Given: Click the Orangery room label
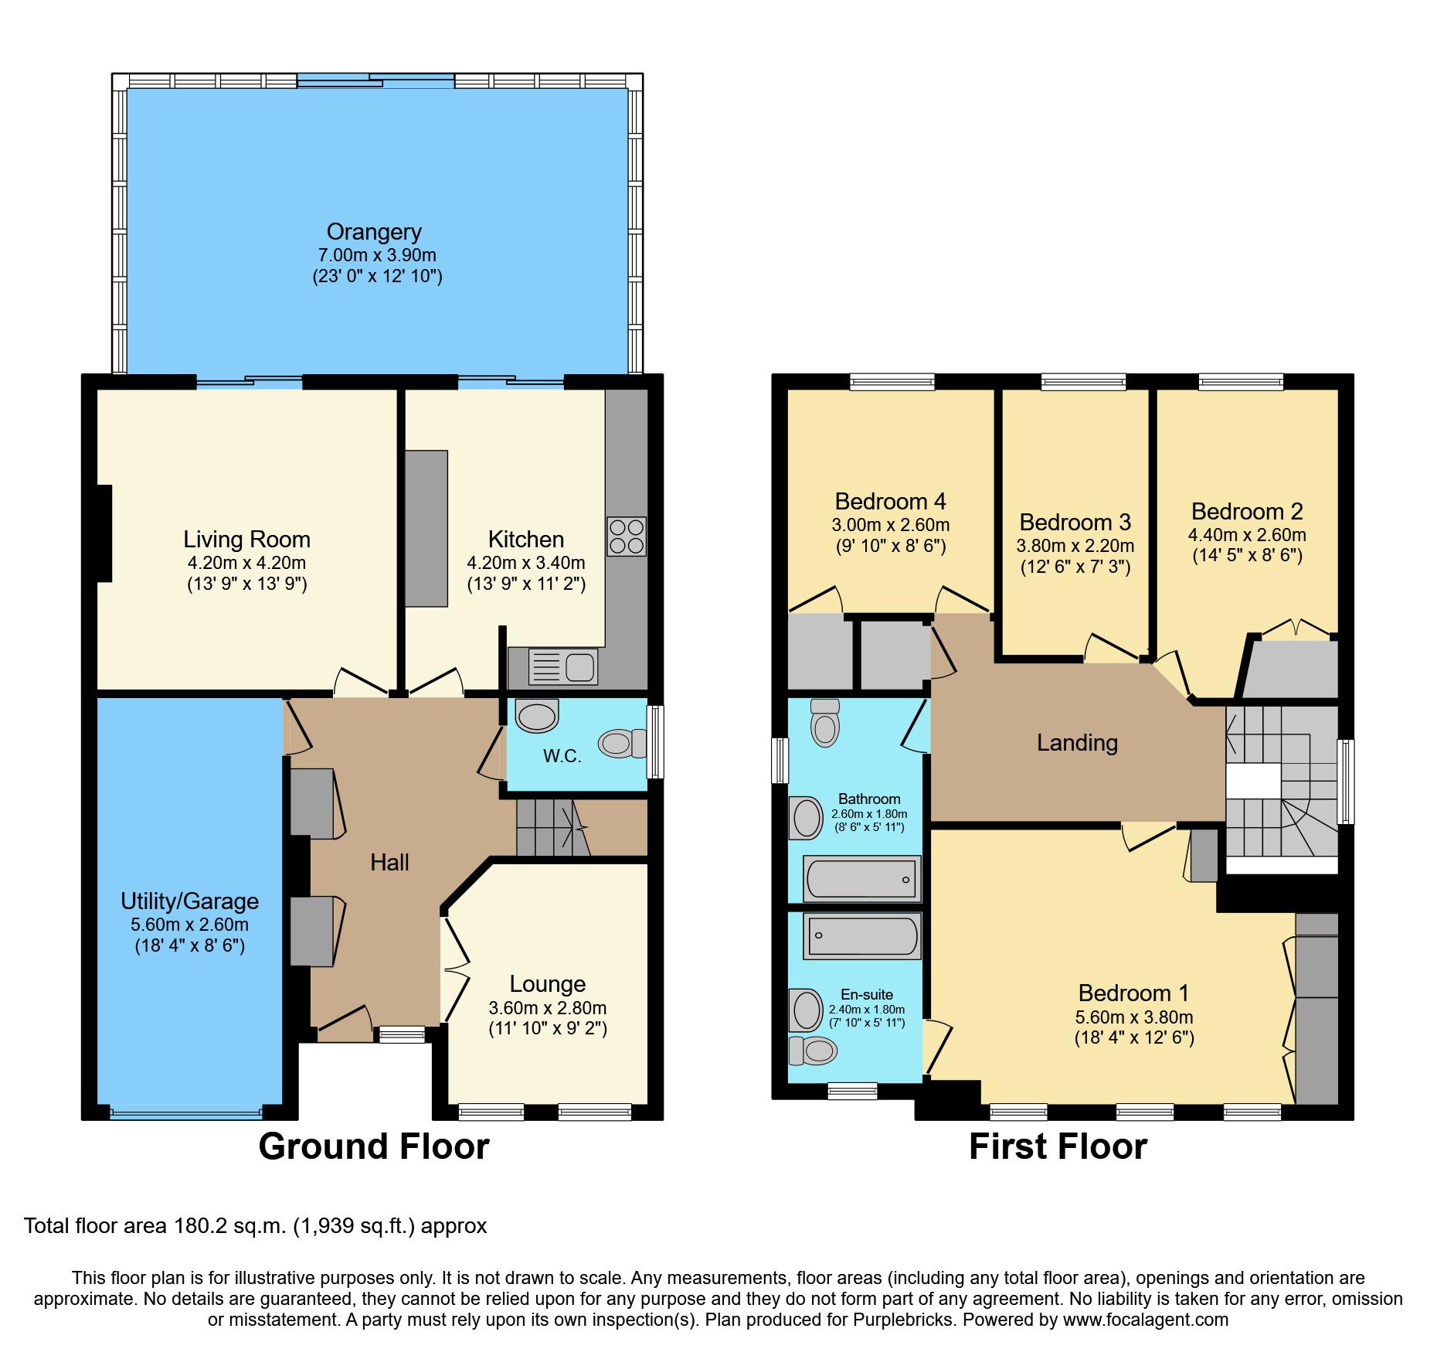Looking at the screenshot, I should [374, 232].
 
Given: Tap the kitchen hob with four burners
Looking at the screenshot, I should [626, 537].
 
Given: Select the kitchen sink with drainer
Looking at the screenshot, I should [563, 666].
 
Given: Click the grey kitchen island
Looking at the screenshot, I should [426, 529].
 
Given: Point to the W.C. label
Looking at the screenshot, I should [562, 756].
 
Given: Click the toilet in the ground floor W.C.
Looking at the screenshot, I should [620, 743].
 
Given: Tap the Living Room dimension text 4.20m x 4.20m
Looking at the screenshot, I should [246, 563].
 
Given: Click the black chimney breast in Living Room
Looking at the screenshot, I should [104, 533].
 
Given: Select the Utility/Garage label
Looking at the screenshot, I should [189, 901].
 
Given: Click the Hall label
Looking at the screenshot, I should [389, 863].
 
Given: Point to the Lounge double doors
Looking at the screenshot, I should [456, 969].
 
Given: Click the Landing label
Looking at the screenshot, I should [1077, 743].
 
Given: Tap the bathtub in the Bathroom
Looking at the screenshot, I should [861, 879].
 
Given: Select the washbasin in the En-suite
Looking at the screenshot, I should [806, 1010].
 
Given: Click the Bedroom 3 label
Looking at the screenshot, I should [1075, 523].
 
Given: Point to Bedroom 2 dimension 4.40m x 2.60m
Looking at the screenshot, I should [1246, 535].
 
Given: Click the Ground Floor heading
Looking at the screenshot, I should [374, 1146].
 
